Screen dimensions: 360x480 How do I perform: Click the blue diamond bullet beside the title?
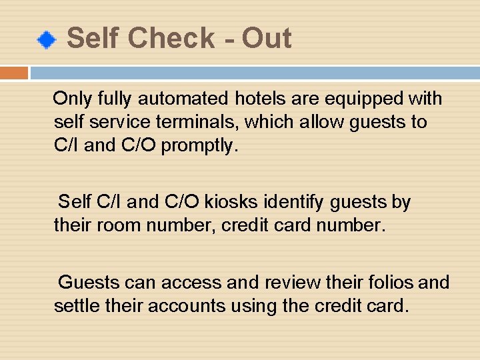45,41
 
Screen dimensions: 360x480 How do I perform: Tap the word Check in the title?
171,38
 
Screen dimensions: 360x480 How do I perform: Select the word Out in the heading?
266,38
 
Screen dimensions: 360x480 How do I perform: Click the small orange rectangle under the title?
14,73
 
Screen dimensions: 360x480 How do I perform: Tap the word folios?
390,283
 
